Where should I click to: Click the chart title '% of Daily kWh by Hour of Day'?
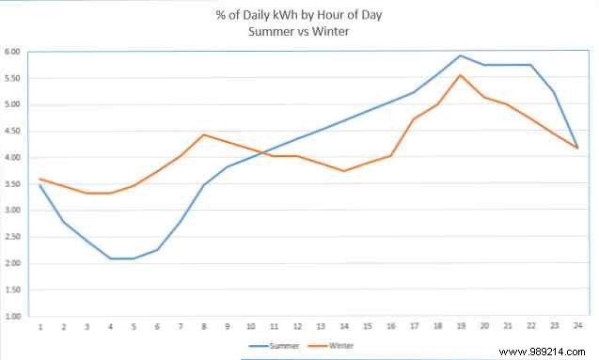(x=299, y=15)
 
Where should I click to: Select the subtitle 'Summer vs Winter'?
(x=299, y=31)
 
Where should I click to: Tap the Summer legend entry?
(x=278, y=345)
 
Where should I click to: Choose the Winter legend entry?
(x=336, y=345)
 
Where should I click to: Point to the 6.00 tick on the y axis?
(x=12, y=52)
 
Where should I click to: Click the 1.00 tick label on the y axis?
(x=12, y=317)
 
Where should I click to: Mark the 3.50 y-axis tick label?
(x=12, y=184)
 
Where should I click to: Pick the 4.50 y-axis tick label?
(x=12, y=132)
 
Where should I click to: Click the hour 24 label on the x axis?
(x=576, y=327)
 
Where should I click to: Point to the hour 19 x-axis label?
(x=460, y=327)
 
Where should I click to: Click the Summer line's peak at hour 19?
(x=460, y=55)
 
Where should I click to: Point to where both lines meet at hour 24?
(x=576, y=148)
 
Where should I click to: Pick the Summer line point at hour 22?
(x=530, y=65)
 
